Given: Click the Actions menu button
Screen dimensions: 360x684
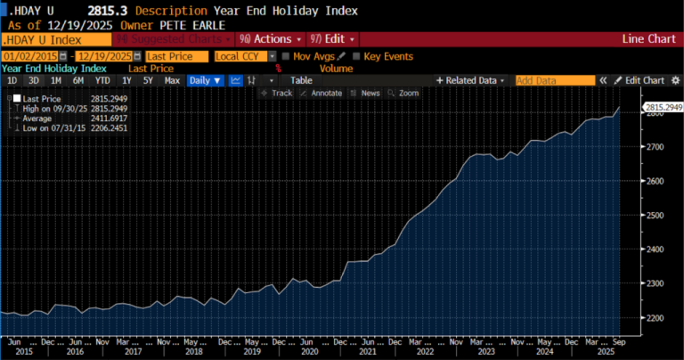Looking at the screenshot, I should [x=270, y=40].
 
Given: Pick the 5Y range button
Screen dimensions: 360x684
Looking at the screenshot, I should [x=148, y=80].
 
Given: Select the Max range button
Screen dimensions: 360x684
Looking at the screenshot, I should [x=172, y=80].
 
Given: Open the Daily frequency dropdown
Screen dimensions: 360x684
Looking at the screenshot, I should [x=205, y=80].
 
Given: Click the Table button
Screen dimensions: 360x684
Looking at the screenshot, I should [x=301, y=80].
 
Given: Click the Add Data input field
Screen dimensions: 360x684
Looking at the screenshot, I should [x=555, y=80].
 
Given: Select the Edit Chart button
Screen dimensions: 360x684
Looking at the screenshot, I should [x=641, y=80].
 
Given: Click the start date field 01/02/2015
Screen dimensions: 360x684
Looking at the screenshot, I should [x=29, y=56].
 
